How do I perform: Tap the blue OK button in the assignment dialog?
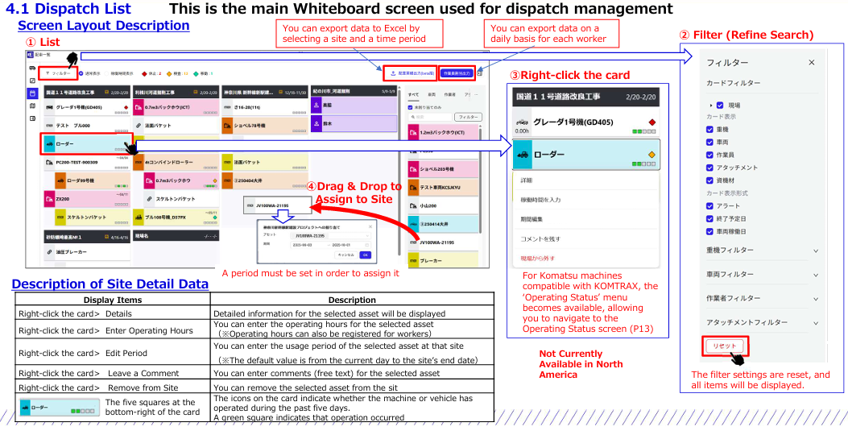[x=365, y=255]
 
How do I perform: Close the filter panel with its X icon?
[x=811, y=62]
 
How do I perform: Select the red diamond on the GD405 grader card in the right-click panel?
[x=652, y=122]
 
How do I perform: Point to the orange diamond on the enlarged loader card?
[x=652, y=154]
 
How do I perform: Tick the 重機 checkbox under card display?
[x=710, y=129]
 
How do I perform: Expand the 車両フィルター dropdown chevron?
[x=816, y=275]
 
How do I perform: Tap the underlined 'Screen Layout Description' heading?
[x=103, y=25]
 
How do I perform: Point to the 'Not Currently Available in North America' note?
[x=571, y=364]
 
